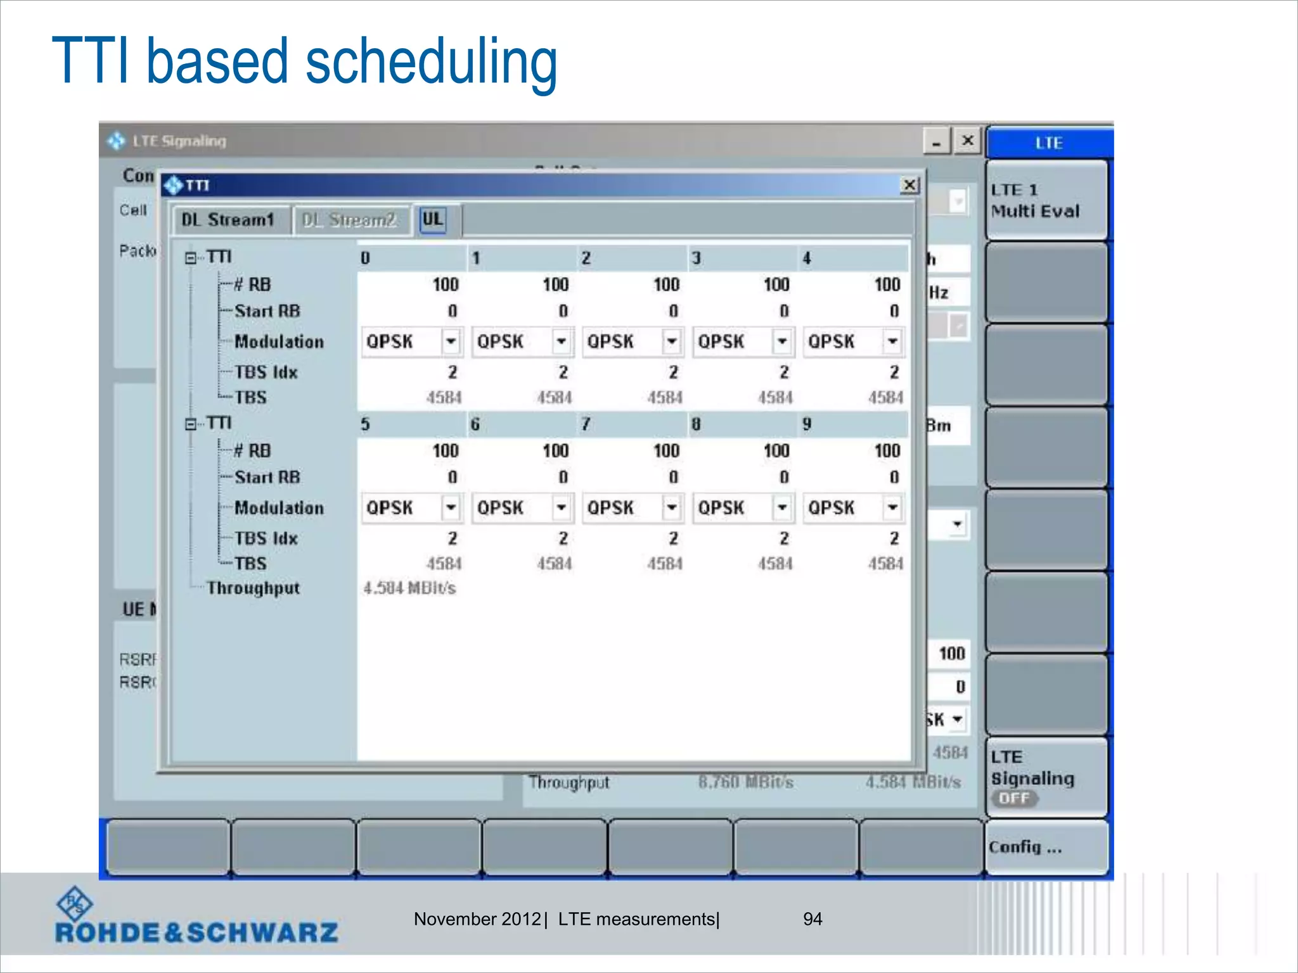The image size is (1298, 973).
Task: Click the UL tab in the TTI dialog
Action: click(432, 220)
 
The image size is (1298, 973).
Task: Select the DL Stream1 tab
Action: click(228, 220)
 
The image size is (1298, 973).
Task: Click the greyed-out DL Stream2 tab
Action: click(349, 220)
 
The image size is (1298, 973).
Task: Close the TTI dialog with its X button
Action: click(909, 185)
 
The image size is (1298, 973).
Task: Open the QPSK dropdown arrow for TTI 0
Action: click(451, 342)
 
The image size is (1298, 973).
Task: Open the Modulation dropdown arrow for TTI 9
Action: click(892, 508)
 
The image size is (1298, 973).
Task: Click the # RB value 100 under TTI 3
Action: click(776, 284)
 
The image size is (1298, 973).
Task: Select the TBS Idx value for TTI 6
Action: click(562, 538)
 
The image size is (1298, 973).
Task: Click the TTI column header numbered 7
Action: click(586, 424)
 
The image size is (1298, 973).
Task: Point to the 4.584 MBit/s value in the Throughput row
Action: click(409, 588)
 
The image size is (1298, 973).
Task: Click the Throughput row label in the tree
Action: click(253, 588)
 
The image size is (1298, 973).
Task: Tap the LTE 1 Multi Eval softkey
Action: click(1046, 200)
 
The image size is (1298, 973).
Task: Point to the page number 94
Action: click(813, 919)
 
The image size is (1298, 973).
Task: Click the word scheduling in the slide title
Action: click(431, 62)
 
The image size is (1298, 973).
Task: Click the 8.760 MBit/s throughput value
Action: click(745, 782)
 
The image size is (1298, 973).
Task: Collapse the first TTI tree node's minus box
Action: click(191, 258)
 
